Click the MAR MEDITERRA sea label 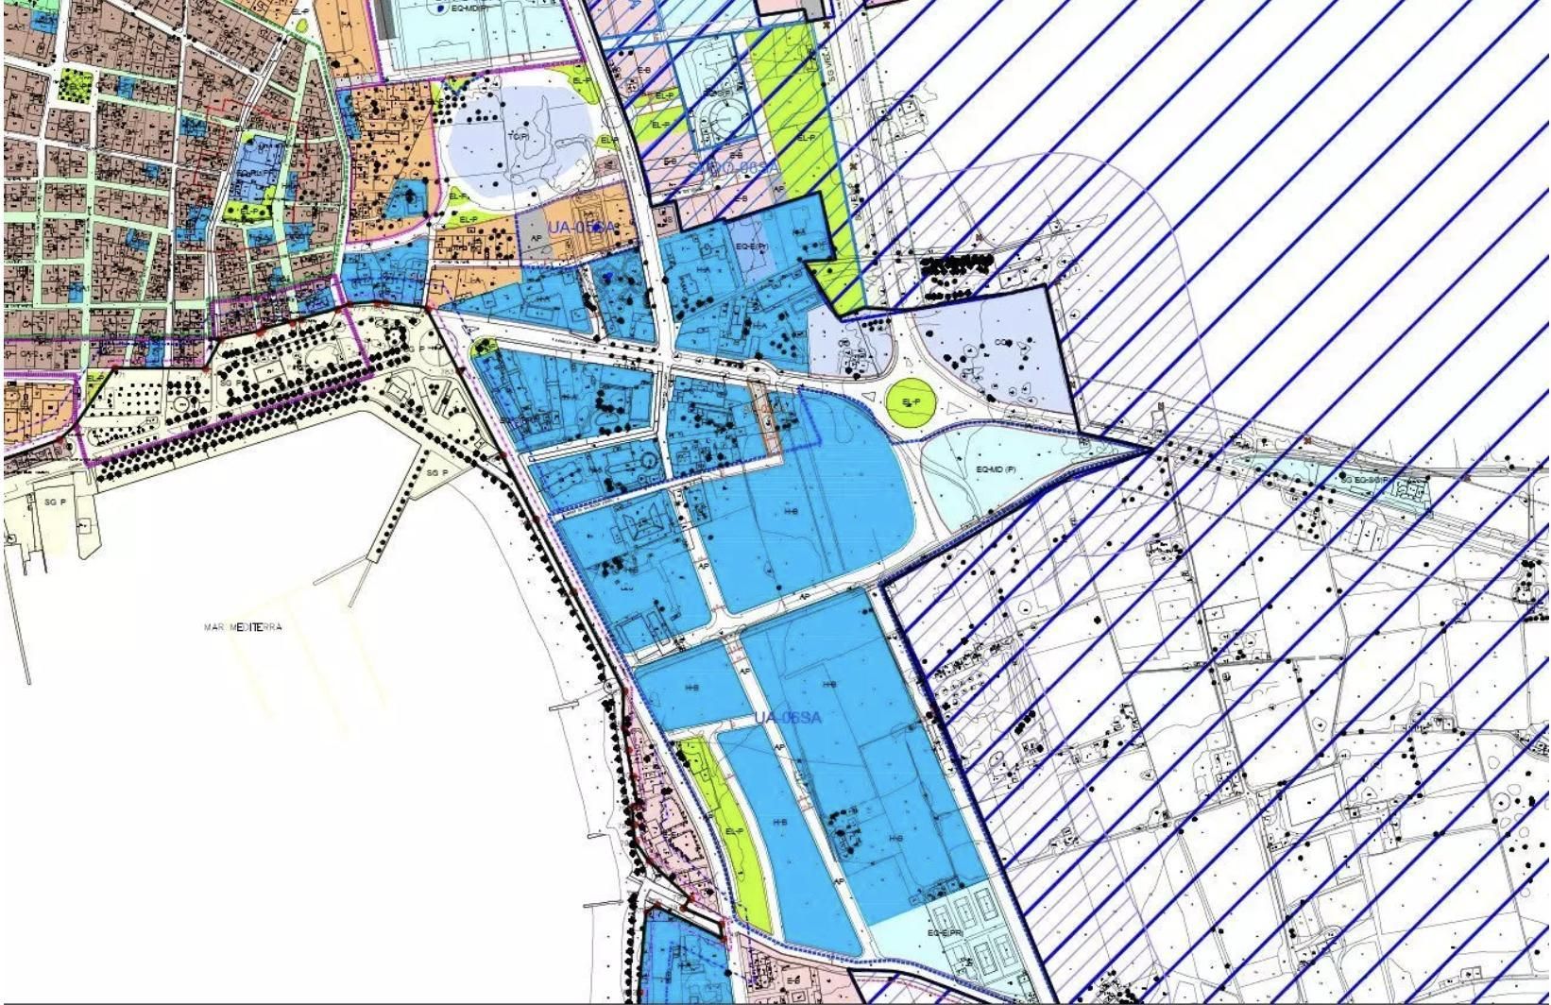(243, 627)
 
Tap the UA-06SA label (787, 718)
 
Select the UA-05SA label (580, 228)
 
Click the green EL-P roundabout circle (911, 402)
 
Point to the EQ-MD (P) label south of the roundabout (996, 469)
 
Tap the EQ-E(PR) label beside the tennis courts (945, 933)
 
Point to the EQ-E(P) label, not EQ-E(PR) (752, 247)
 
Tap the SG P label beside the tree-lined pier (435, 472)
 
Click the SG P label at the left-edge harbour (55, 502)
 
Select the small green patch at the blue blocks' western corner (485, 348)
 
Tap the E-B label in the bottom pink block (795, 979)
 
